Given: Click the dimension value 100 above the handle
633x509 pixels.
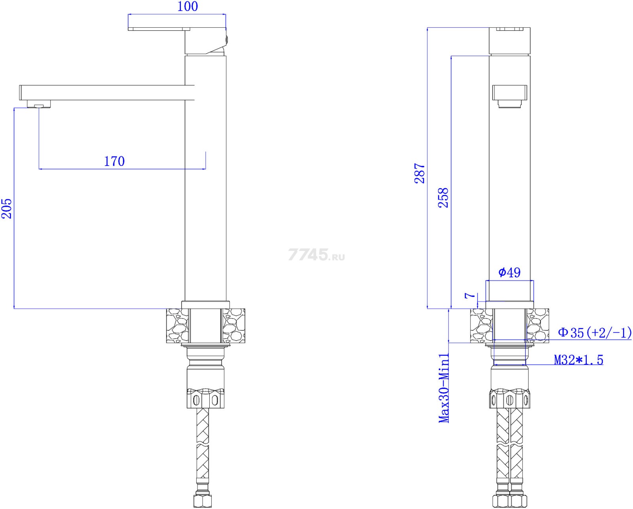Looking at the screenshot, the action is click(188, 6).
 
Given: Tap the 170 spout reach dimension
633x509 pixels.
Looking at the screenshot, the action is click(114, 161).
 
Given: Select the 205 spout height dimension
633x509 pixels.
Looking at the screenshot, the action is click(7, 208).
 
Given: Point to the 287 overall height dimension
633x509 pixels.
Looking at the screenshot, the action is click(419, 173).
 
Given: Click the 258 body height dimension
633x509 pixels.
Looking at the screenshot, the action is click(443, 198).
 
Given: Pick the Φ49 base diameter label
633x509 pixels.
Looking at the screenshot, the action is click(510, 272).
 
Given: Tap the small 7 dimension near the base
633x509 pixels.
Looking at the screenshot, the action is click(470, 295).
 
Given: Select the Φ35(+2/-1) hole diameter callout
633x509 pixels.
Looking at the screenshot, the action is click(595, 333).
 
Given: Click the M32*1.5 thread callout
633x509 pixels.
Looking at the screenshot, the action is click(578, 360).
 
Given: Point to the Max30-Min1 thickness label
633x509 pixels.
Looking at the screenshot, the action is click(444, 388).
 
